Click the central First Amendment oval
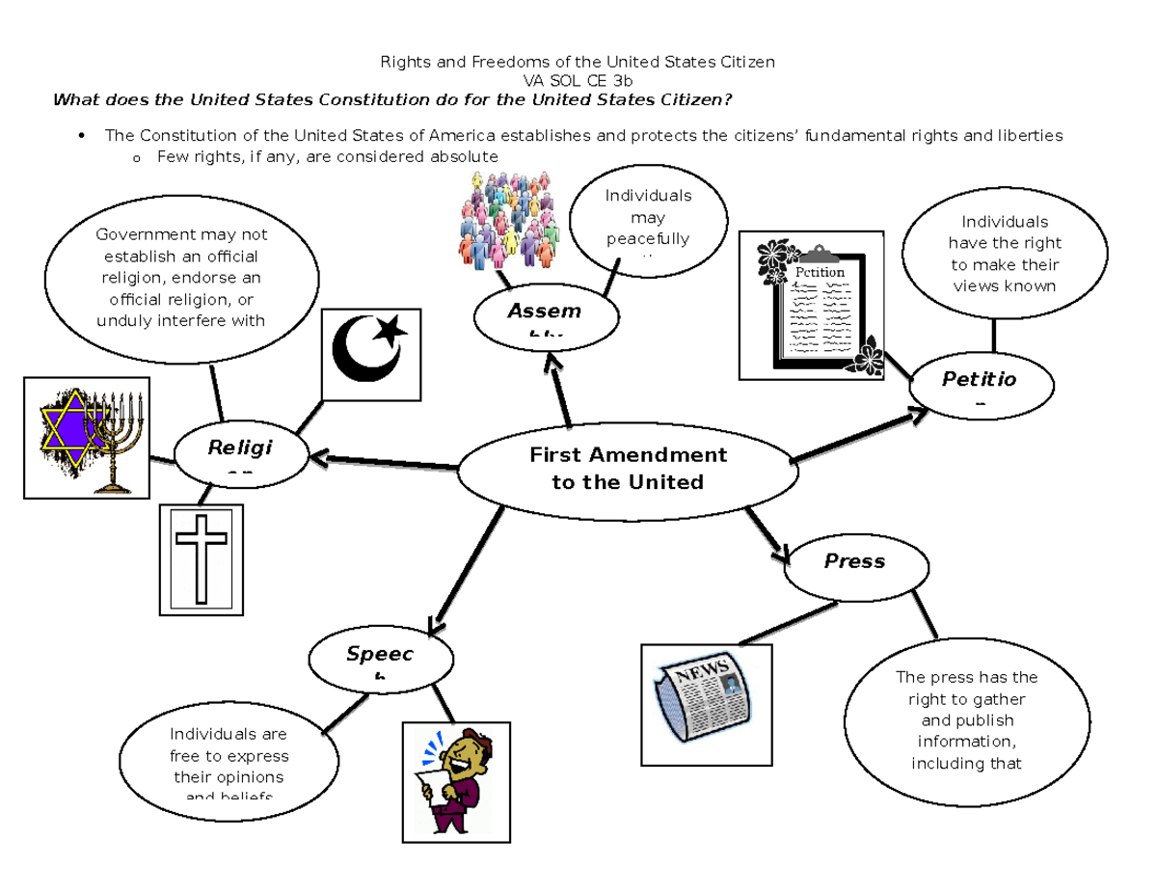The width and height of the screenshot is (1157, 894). click(627, 469)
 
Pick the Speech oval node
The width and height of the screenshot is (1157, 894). click(379, 659)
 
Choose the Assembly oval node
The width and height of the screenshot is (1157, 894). click(544, 314)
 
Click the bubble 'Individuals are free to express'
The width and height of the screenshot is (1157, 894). click(229, 758)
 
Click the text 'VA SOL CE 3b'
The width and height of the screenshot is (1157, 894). click(578, 81)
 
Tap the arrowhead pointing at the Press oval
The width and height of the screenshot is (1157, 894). click(784, 554)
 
